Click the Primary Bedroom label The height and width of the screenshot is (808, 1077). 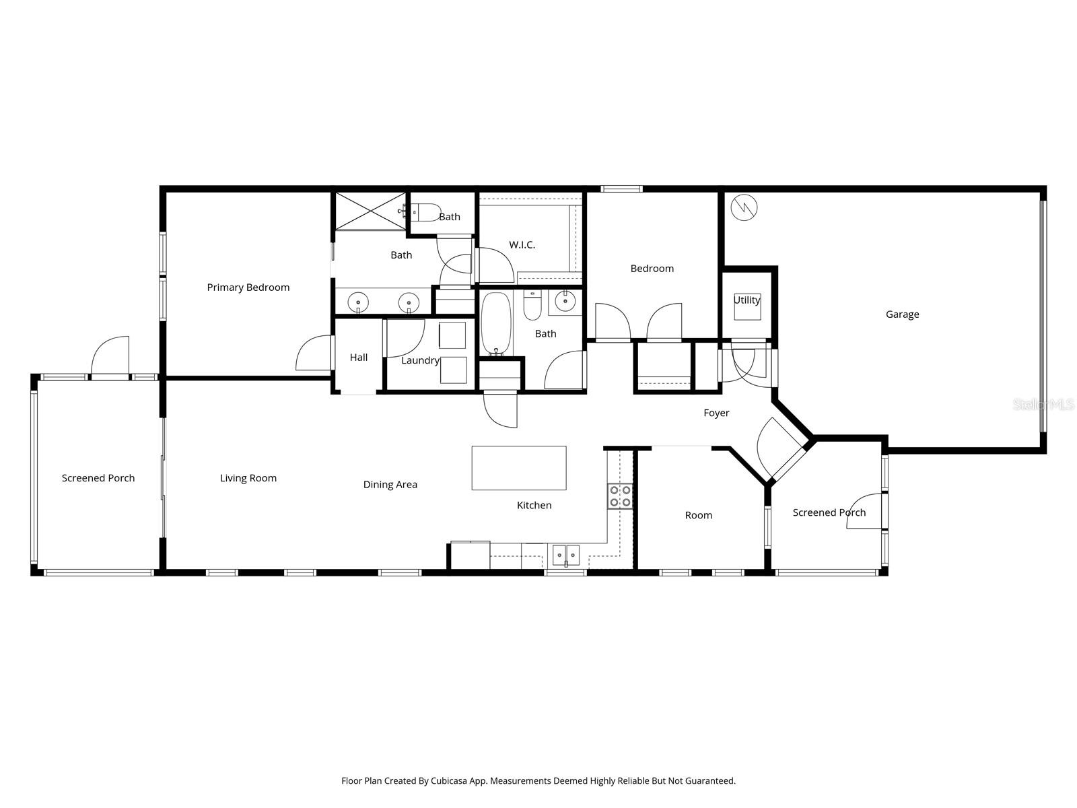(x=248, y=288)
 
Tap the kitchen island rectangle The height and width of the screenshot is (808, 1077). (x=518, y=468)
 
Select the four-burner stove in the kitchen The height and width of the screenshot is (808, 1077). (x=620, y=496)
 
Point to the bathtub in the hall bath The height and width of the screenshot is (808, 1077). (x=497, y=324)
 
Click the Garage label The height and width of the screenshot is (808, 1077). (x=902, y=314)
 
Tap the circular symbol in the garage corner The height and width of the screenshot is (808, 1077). (x=744, y=206)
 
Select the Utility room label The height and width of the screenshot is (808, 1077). (x=746, y=300)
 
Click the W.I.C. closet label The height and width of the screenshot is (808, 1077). (x=522, y=245)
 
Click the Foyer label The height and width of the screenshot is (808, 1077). (x=716, y=413)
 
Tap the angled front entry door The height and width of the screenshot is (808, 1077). (x=781, y=448)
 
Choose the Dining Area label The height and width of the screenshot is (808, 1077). (x=390, y=485)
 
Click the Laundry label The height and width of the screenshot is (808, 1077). (x=420, y=361)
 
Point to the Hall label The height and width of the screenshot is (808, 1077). (x=358, y=358)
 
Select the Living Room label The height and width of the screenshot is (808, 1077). (x=248, y=479)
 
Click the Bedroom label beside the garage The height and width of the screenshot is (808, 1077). (x=652, y=269)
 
